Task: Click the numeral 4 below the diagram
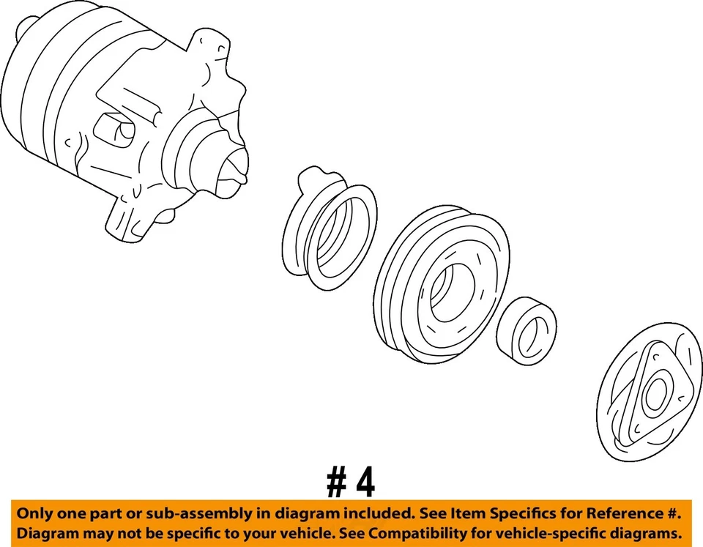(363, 483)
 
